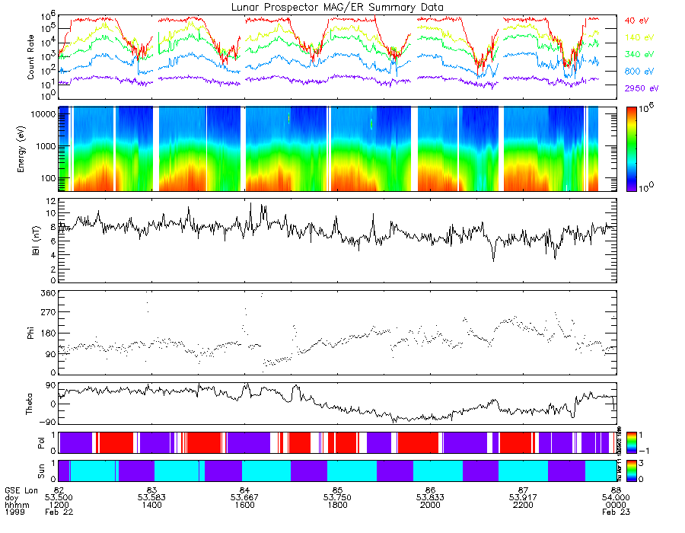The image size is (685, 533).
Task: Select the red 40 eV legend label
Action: (x=638, y=20)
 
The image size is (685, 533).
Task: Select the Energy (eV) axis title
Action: (x=31, y=148)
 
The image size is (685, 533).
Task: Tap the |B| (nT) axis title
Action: (x=31, y=241)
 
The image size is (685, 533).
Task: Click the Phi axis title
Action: (x=31, y=332)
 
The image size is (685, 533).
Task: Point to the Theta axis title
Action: (x=31, y=404)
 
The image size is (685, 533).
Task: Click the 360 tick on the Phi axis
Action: (x=49, y=293)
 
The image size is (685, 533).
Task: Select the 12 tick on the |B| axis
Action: (x=51, y=201)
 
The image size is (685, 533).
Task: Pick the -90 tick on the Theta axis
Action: (x=47, y=421)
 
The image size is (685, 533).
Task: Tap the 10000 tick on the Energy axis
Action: (x=44, y=113)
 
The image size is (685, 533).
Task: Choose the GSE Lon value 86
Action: (x=430, y=489)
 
